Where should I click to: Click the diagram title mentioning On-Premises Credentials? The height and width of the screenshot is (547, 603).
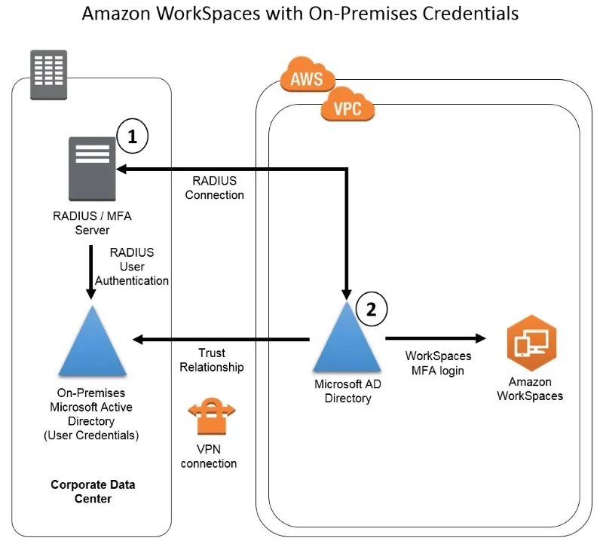299,14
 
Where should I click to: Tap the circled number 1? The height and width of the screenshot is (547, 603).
133,136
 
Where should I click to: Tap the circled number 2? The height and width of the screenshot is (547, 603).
371,308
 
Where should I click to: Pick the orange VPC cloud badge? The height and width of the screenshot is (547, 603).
347,107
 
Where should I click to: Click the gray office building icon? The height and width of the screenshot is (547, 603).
47,75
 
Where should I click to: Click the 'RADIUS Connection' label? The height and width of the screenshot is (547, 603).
218,188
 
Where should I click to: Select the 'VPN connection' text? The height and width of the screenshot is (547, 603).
209,457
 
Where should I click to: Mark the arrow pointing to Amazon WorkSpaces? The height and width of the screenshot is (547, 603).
433,339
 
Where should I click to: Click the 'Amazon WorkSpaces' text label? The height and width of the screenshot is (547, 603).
530,389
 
